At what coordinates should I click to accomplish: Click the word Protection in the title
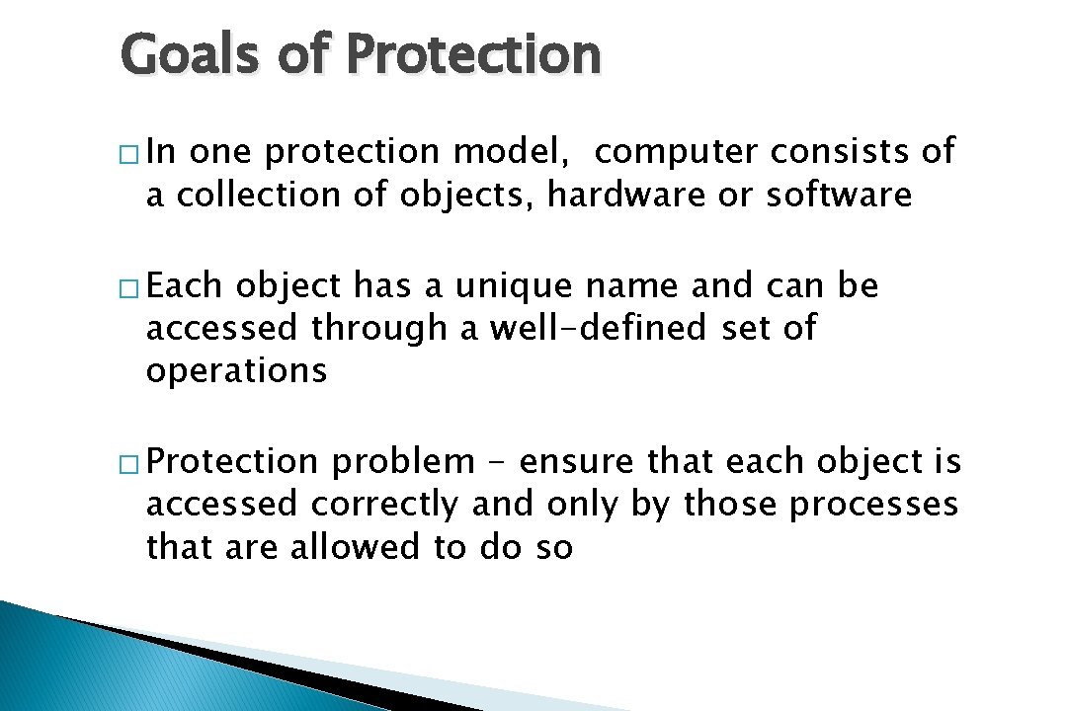474,55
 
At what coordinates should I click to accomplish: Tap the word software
839,196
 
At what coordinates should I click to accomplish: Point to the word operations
236,372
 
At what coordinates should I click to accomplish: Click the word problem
403,462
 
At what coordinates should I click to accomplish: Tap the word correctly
385,505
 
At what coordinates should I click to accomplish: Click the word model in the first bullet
514,153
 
